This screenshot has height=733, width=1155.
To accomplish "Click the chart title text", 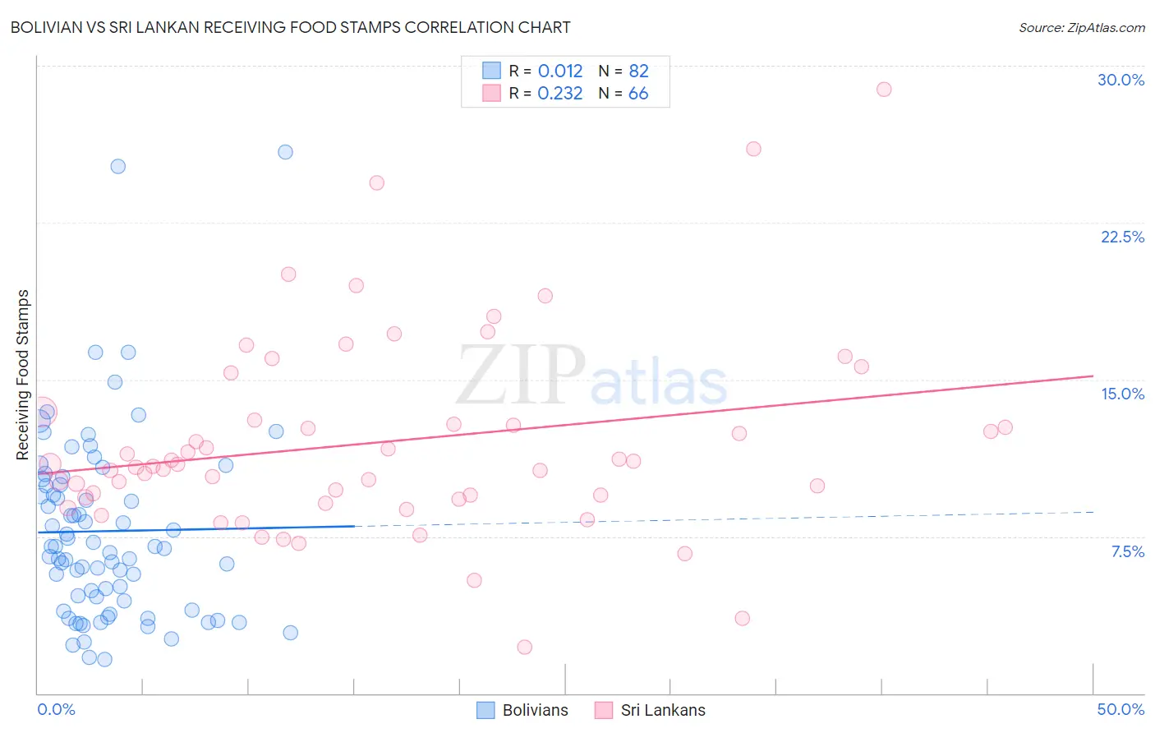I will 290,27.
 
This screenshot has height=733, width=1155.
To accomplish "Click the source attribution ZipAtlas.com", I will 1081,27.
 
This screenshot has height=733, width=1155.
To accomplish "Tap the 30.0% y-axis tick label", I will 1120,80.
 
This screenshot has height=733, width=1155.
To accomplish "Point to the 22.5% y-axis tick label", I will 1122,237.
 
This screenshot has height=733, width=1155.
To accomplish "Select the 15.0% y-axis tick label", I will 1122,394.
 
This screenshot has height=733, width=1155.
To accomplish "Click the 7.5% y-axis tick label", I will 1127,551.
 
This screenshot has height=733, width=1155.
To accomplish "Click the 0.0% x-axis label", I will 56,709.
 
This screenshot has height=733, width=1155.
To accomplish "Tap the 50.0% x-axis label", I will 1120,709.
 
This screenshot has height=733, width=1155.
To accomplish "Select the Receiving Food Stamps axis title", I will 23,374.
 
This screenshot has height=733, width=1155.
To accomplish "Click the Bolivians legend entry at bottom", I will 522,710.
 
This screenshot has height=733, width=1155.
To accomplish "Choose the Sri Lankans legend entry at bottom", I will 650,710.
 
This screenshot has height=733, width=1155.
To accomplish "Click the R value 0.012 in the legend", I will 560,71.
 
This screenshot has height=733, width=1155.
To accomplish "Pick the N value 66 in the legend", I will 638,94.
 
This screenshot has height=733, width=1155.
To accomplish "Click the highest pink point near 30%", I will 884,90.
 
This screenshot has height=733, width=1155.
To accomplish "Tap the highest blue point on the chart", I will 285,152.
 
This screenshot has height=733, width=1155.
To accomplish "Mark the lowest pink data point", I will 524,647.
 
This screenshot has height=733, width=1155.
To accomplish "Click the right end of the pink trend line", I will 1093,376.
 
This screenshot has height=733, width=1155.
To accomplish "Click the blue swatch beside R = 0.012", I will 491,71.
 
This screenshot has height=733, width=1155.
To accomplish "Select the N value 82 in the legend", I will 638,71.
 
